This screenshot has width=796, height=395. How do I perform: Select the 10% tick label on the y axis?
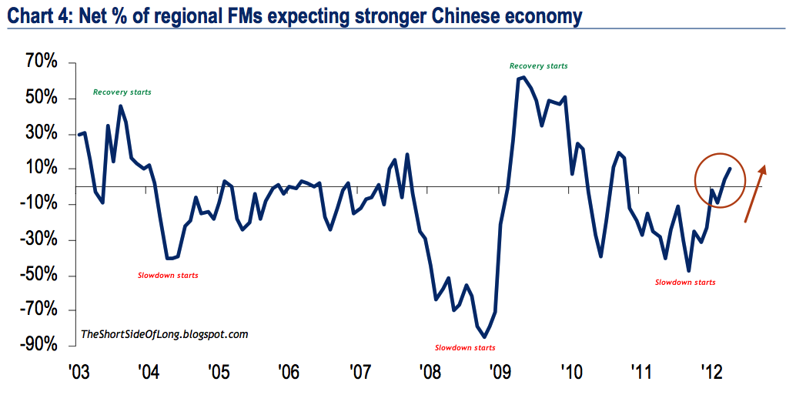click(x=41, y=169)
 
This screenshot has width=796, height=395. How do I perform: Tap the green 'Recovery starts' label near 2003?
click(x=122, y=92)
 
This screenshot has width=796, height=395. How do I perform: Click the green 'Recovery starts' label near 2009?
click(x=539, y=66)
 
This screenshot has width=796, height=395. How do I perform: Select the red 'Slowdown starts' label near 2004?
click(x=168, y=275)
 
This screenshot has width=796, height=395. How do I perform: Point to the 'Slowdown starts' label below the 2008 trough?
click(x=465, y=348)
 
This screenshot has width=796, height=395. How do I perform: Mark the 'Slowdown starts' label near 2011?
click(x=685, y=283)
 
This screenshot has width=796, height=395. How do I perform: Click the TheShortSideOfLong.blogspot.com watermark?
click(x=165, y=334)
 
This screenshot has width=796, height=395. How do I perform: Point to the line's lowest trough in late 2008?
click(x=484, y=336)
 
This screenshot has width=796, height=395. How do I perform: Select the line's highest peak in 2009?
click(x=523, y=77)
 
